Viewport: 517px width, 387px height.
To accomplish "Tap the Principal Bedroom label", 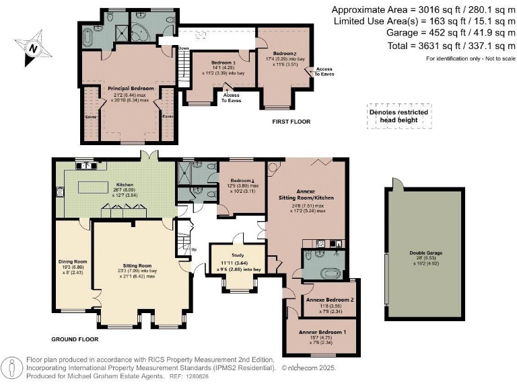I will click(131, 88).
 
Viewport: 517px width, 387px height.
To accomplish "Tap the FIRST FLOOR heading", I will click(290, 122).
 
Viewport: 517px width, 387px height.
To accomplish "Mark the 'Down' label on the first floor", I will click(183, 48).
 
